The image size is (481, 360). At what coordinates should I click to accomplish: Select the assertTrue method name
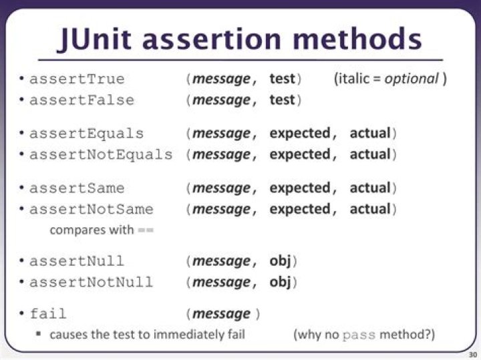77,79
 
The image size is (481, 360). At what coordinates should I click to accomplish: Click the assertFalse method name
82,100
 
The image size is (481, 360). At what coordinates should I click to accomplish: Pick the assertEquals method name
86,134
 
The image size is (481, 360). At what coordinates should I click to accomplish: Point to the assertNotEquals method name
101,155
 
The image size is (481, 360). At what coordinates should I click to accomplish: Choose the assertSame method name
77,188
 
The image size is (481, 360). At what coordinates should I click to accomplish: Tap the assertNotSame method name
92,210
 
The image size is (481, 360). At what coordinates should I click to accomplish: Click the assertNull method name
77,260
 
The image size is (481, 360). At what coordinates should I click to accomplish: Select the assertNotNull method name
92,282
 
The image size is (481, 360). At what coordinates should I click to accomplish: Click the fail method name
48,314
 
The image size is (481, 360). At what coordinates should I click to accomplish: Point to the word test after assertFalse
282,100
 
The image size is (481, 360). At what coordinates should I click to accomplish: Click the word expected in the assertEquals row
299,134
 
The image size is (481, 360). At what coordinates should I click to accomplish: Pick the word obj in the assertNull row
280,260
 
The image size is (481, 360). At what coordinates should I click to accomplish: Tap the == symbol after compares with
146,230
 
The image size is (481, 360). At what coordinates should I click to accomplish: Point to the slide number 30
472,354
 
